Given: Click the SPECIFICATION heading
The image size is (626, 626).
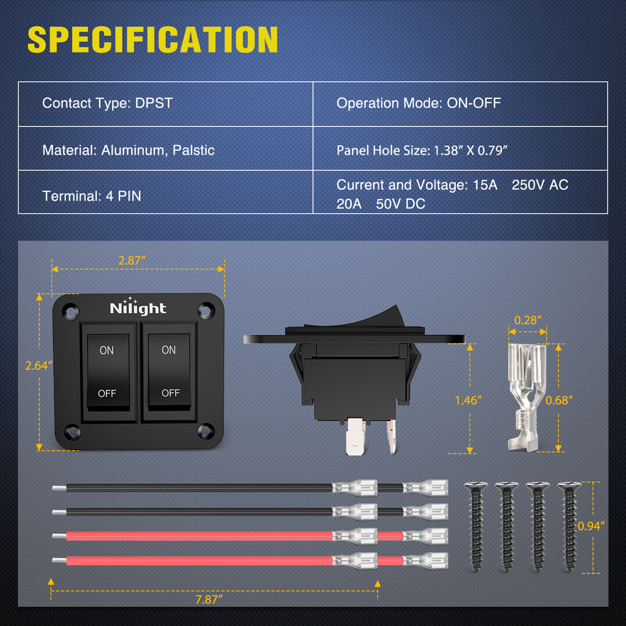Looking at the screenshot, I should [x=153, y=39].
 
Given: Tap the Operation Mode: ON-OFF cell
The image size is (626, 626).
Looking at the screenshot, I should [x=419, y=103].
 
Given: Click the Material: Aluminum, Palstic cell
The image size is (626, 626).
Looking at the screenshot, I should [x=128, y=150].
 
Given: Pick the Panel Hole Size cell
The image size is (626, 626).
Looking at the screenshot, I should [x=421, y=150].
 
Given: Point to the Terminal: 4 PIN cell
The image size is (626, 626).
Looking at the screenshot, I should [x=92, y=196].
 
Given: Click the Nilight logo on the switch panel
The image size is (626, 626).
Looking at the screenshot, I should [x=138, y=308].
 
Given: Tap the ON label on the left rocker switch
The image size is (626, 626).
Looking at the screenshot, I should [x=107, y=351].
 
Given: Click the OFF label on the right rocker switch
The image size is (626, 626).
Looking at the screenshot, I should [x=170, y=393].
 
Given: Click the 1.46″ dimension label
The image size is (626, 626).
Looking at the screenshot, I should [x=468, y=400].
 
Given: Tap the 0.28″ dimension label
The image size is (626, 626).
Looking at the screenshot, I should [x=526, y=320].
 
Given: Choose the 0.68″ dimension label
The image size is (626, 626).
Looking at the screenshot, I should [x=559, y=400].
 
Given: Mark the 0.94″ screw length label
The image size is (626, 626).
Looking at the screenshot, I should [x=592, y=526].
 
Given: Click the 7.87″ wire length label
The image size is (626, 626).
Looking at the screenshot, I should [x=209, y=599].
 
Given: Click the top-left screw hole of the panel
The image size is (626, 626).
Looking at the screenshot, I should [x=71, y=309].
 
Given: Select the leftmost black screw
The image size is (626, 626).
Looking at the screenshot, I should [x=475, y=525].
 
